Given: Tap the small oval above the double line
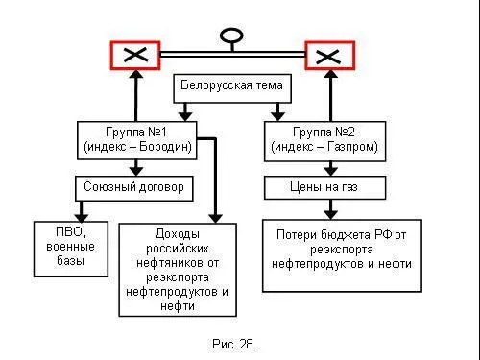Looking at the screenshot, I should [231, 37].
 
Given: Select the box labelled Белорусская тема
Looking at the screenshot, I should [230, 87].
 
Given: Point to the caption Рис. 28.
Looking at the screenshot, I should [233, 342].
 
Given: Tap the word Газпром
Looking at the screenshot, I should [354, 148].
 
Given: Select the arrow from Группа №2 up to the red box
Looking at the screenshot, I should [331, 96].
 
